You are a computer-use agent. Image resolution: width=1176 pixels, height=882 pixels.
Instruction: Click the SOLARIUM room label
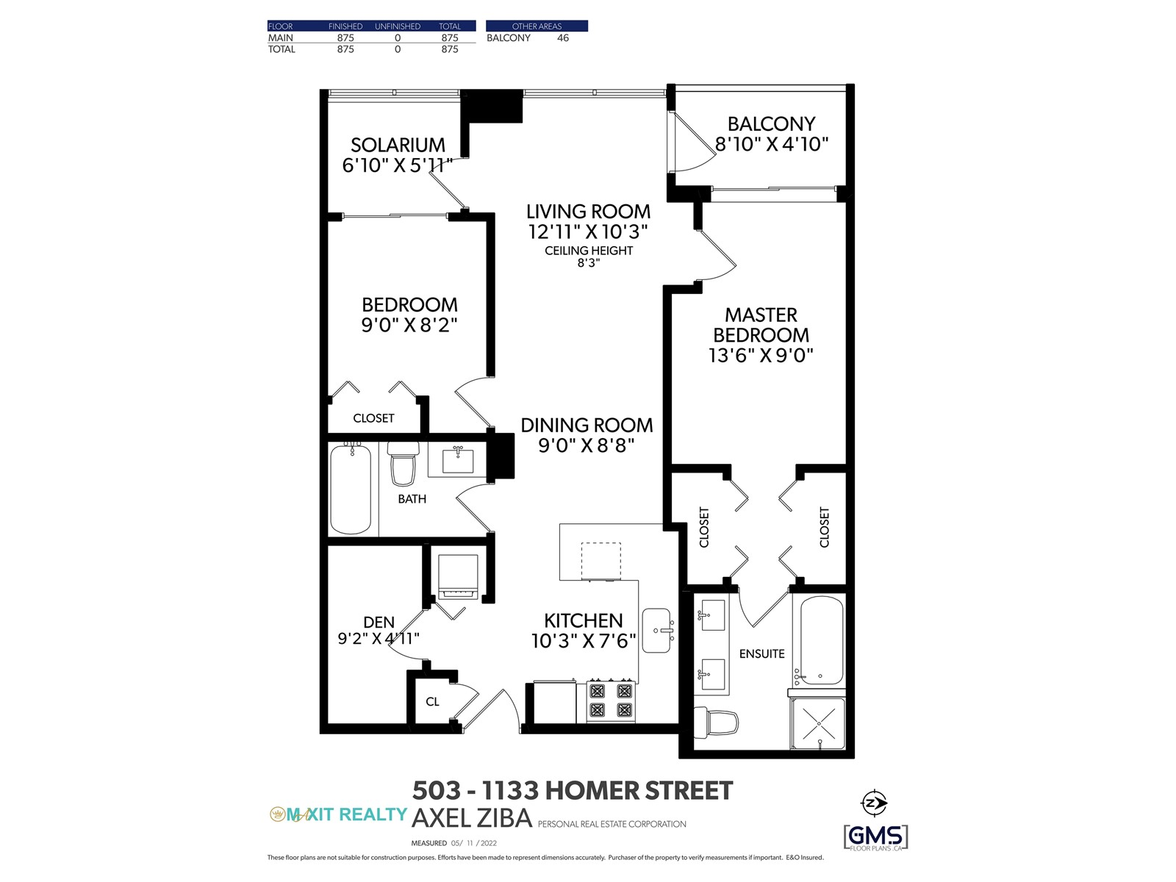point(398,145)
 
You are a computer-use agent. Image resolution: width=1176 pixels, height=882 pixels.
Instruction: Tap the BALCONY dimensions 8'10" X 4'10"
point(772,144)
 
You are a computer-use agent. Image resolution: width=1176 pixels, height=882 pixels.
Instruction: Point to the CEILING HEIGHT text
point(589,251)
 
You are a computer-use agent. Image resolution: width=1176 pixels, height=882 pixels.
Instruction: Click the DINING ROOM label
point(587,426)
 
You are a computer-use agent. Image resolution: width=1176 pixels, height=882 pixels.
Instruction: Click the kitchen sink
point(657,631)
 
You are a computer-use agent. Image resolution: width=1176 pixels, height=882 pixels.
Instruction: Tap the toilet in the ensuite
point(716,721)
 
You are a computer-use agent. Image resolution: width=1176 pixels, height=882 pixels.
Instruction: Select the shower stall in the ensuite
point(818,723)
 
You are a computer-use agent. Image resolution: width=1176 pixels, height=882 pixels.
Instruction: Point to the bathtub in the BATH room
point(351,488)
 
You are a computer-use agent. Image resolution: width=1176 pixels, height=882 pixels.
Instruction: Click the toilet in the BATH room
point(402,464)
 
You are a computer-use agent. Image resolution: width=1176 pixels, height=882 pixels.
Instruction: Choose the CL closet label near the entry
point(432,701)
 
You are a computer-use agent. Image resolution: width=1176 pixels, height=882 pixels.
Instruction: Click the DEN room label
point(379,623)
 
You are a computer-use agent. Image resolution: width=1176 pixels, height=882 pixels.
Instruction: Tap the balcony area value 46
point(562,38)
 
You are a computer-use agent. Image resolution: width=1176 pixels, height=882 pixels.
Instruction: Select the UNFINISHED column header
point(398,26)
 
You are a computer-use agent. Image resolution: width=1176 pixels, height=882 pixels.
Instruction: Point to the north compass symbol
point(874,803)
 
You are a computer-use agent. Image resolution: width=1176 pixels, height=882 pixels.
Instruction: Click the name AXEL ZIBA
point(472,818)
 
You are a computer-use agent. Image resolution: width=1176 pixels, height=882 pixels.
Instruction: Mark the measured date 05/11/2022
point(473,843)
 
